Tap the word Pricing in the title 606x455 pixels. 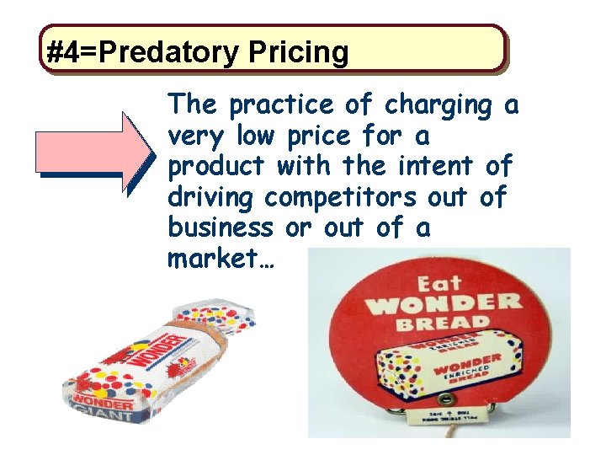click(298, 52)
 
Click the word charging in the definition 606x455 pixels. click(437, 106)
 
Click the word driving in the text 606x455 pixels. click(211, 197)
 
